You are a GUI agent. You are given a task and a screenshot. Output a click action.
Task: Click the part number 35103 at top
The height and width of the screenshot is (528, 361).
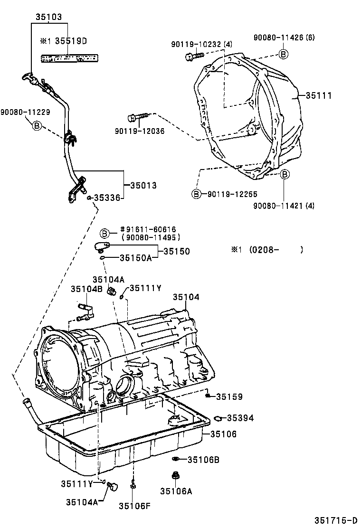(48, 16)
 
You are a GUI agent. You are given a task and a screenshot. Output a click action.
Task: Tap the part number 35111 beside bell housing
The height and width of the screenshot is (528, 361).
(318, 95)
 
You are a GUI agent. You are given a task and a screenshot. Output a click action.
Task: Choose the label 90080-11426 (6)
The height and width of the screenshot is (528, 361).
(284, 37)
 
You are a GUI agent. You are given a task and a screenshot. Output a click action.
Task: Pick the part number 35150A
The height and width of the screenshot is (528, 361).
(135, 258)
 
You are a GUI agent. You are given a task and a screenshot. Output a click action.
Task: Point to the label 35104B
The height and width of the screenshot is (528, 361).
(86, 289)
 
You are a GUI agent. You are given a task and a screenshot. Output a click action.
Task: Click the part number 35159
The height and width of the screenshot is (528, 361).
(229, 396)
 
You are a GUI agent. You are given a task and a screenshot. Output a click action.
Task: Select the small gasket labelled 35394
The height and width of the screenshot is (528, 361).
(218, 418)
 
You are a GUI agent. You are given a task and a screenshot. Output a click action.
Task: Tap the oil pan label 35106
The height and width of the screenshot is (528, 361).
(223, 434)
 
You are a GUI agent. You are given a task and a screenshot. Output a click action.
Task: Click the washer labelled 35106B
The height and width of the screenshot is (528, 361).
(176, 459)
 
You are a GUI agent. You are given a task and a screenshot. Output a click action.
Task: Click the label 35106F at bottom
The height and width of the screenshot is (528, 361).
(134, 505)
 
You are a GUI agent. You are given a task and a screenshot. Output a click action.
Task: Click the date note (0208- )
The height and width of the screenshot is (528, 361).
(267, 250)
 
